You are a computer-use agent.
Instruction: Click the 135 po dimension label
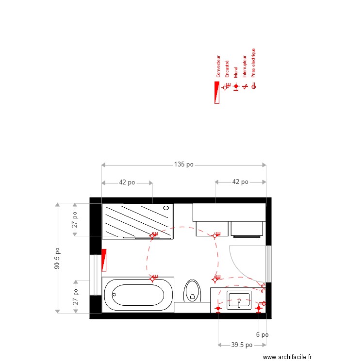(x=183, y=165)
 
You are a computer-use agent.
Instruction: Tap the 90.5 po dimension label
(x=57, y=259)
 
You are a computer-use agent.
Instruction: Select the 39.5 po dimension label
(x=242, y=345)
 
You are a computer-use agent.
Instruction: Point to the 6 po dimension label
(x=262, y=334)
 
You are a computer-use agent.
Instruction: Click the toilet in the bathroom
(x=193, y=291)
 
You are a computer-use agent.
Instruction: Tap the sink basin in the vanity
(x=239, y=300)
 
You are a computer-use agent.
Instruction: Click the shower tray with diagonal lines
(x=137, y=220)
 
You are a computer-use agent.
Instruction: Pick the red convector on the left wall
(x=103, y=260)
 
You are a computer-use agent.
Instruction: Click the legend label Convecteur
(x=218, y=66)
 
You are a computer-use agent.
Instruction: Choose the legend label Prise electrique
(x=253, y=63)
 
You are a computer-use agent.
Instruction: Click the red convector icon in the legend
(x=216, y=92)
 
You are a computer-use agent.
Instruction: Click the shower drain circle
(x=165, y=208)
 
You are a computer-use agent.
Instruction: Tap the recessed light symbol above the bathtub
(x=153, y=278)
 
